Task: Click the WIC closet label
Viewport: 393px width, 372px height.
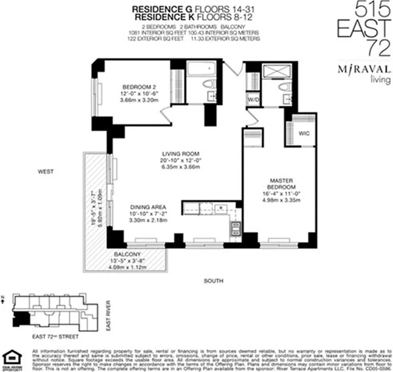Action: (304, 133)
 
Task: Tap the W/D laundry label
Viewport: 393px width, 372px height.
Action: (253, 100)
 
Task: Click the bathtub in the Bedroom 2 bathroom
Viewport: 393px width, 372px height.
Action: (202, 71)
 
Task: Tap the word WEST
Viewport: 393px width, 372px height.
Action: (46, 172)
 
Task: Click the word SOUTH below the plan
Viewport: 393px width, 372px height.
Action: (213, 281)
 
